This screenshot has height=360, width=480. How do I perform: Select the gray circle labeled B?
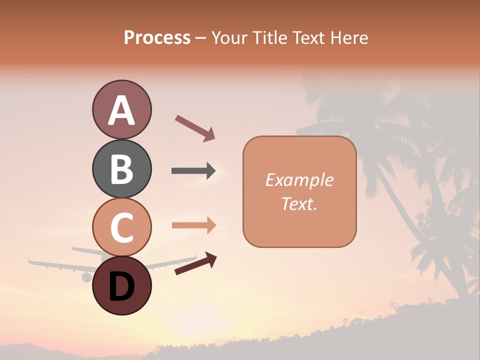tap(121, 169)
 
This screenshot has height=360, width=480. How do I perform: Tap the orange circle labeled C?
tap(121, 227)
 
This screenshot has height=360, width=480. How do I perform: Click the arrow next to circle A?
tap(195, 127)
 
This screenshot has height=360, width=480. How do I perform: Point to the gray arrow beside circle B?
tap(193, 171)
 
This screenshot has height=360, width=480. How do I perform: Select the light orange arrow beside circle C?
tap(193, 225)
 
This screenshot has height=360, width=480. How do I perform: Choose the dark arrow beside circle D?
tap(195, 263)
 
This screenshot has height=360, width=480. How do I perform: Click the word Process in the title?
tap(157, 38)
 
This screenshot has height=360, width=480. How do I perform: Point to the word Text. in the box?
tap(299, 203)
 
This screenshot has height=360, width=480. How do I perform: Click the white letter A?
tap(121, 111)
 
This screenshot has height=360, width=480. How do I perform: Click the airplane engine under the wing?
tap(86, 277)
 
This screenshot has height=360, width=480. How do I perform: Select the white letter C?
tap(121, 227)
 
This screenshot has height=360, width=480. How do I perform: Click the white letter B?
tap(121, 169)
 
